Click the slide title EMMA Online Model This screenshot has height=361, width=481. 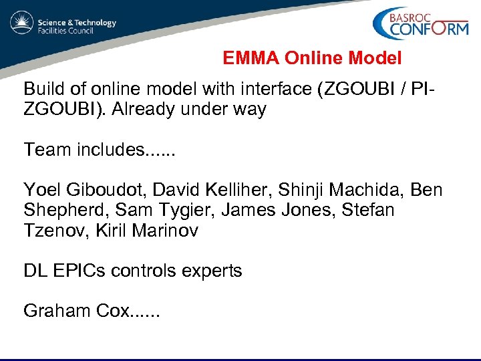(x=312, y=59)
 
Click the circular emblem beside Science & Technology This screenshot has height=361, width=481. (x=22, y=23)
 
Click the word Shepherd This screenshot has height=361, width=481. (x=63, y=211)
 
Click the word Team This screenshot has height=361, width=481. (x=46, y=149)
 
